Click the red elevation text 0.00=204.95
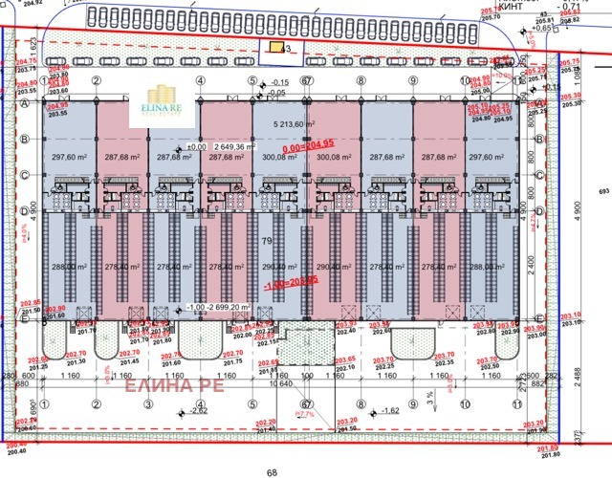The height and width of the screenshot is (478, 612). (x=310, y=146)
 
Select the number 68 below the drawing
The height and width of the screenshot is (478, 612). (x=272, y=471)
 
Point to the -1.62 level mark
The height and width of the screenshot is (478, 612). (x=388, y=411)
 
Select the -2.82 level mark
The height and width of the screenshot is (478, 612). (x=197, y=411)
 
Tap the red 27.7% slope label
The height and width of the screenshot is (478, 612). (x=305, y=415)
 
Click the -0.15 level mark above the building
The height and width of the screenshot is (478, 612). (x=278, y=83)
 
